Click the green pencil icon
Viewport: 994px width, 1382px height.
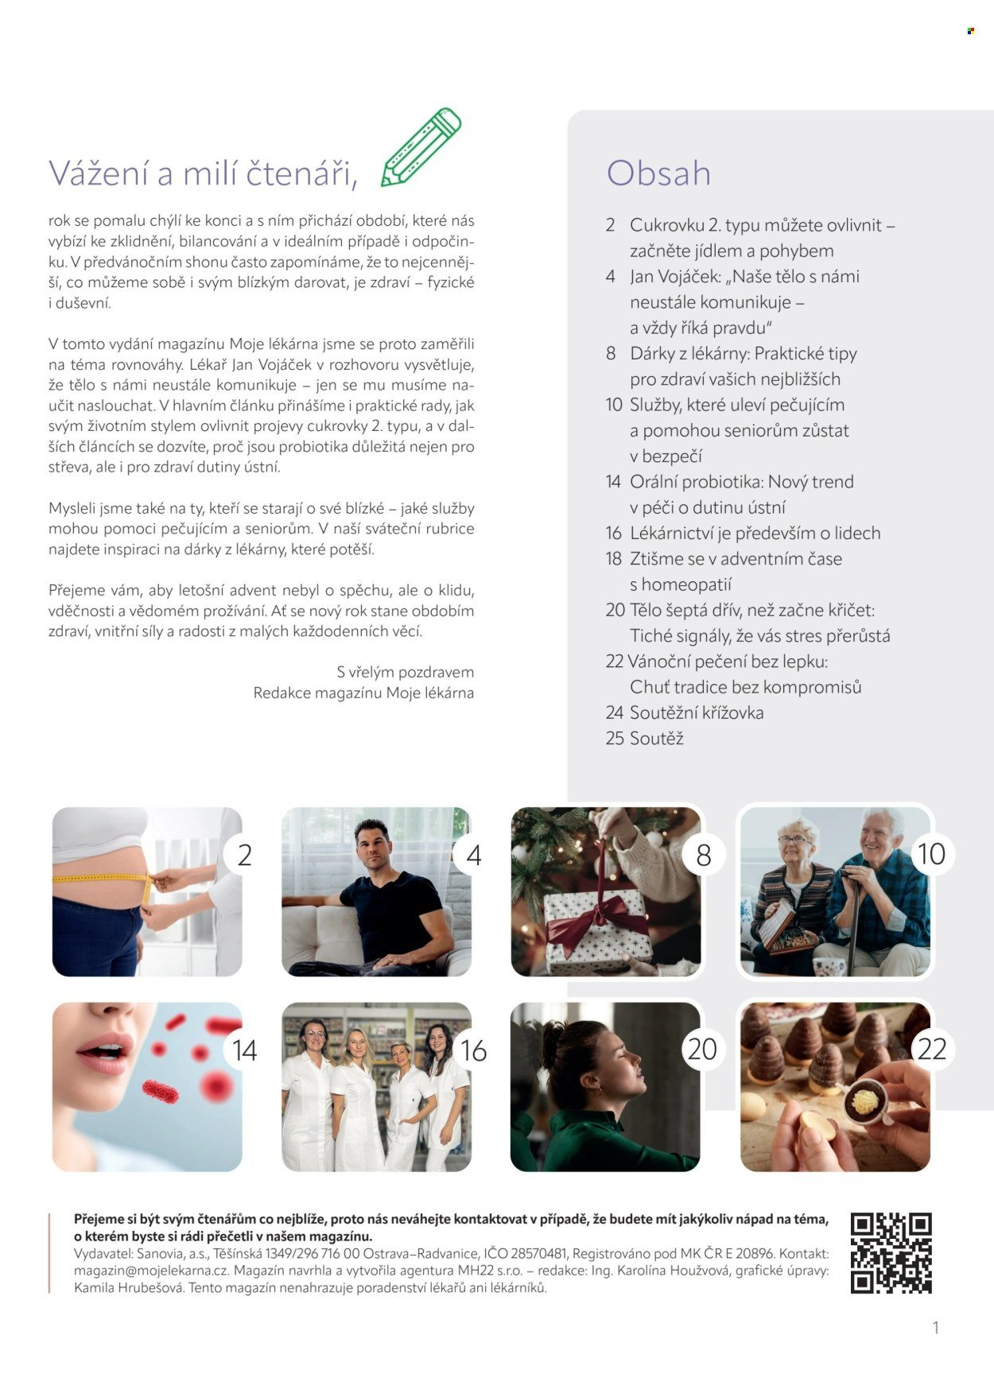pyautogui.click(x=421, y=147)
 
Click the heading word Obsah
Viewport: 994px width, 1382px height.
pyautogui.click(x=658, y=173)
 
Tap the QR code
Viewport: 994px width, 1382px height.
pyautogui.click(x=891, y=1252)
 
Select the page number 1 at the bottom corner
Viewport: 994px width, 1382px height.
pyautogui.click(x=936, y=1327)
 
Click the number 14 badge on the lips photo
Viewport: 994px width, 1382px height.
pyautogui.click(x=245, y=1050)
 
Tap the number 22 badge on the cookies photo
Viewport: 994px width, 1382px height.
pyautogui.click(x=931, y=1049)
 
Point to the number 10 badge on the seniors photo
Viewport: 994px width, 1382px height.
pyautogui.click(x=931, y=854)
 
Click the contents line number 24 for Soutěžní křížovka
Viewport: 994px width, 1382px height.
pyautogui.click(x=614, y=713)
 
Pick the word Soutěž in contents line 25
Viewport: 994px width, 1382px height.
pyautogui.click(x=657, y=739)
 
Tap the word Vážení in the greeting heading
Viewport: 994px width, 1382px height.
pyautogui.click(x=99, y=173)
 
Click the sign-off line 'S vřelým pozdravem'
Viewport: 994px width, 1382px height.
pyautogui.click(x=406, y=672)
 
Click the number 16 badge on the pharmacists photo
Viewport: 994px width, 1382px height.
pyautogui.click(x=474, y=1050)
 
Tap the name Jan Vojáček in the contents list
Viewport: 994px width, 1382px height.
pyautogui.click(x=675, y=277)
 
